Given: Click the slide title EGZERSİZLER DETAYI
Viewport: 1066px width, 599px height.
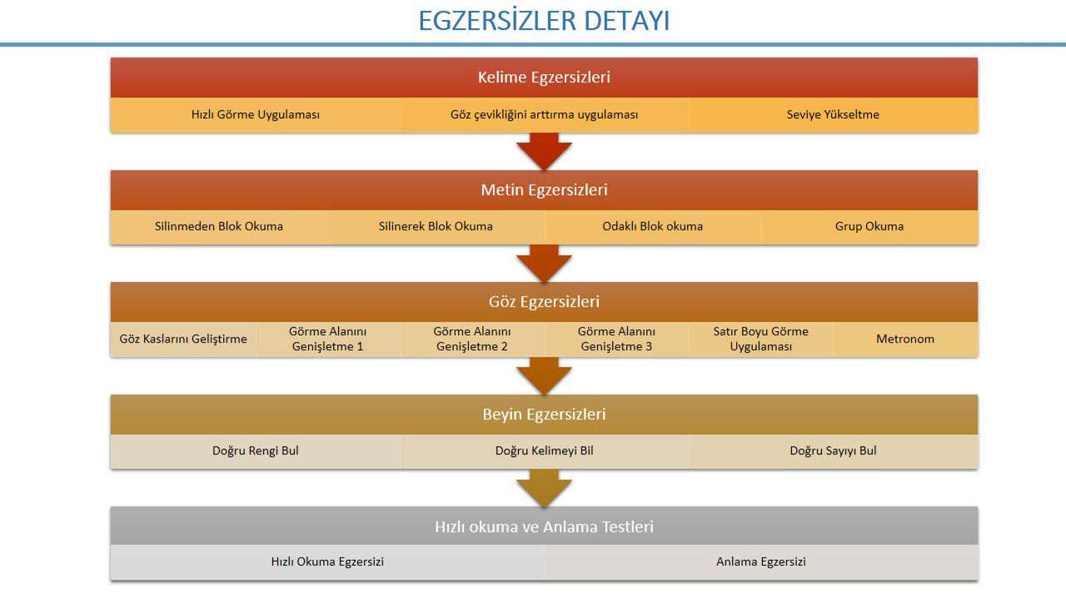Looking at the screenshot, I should coord(544,21).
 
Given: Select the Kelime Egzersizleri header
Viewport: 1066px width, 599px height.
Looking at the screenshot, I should coord(544,77).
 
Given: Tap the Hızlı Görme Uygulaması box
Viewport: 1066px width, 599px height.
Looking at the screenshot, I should coord(256,115).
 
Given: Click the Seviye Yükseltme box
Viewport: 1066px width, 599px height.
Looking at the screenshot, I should coord(833,115).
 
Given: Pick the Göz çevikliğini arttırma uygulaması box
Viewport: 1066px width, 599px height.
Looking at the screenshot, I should coord(544,115).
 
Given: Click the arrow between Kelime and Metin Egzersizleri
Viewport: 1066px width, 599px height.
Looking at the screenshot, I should coord(544,151).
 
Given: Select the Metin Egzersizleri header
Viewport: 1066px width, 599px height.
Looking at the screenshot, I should coord(544,190).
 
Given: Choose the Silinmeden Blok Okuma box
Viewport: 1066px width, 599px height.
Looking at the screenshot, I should coord(219,226).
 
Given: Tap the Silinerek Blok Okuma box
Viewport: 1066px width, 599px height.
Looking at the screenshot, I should coord(436,226).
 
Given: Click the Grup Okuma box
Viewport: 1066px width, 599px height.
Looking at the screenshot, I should coord(869,226).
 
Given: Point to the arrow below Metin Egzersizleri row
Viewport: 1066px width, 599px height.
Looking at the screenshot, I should coord(544,264).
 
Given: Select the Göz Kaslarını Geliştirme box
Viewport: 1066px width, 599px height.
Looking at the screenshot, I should coord(183,339).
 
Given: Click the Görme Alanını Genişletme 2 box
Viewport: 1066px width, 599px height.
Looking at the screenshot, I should coord(472,339).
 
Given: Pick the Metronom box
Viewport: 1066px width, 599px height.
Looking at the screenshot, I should coord(905,339).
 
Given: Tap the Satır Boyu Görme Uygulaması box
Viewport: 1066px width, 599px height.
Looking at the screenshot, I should coord(760,339).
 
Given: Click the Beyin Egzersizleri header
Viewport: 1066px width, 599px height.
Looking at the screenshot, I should coord(544,414).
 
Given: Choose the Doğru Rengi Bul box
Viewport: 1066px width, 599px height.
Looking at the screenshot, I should coord(256,451).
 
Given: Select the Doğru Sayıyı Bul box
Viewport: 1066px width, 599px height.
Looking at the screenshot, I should coord(833,451).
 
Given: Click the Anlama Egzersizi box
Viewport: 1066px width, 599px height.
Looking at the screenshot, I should coord(761,562).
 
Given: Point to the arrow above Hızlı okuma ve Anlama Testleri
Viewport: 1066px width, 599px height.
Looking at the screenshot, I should coord(544,488).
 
